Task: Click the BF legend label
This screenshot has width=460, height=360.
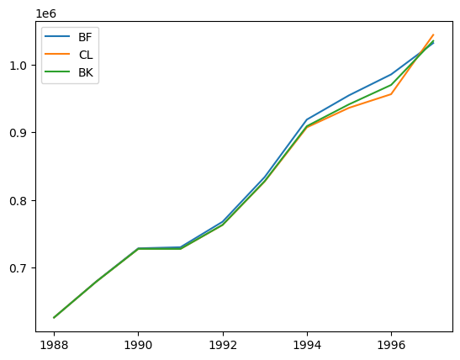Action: coord(85,37)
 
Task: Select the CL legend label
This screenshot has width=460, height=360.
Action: coord(86,55)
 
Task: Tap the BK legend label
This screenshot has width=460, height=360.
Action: coord(86,72)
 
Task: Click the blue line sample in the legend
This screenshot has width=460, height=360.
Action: coord(57,36)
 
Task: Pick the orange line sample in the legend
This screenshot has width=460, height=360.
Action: coord(57,54)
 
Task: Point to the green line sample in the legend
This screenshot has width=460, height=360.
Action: coord(57,71)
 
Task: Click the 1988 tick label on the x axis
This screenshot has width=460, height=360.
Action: coord(54,346)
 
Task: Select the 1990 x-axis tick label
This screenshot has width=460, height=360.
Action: coord(138,346)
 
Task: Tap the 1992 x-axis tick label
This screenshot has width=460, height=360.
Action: coord(223,346)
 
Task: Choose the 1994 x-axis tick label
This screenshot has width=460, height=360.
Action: coord(307,346)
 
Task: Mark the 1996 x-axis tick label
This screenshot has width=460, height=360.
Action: coord(391,346)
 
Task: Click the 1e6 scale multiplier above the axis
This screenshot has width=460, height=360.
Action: coord(45,13)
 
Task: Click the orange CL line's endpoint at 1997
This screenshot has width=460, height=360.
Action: coord(433,34)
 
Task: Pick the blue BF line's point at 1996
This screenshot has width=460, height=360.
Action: coord(391,74)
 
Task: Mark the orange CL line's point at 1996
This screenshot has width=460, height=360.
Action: coord(391,94)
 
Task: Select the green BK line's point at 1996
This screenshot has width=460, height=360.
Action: coord(391,85)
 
